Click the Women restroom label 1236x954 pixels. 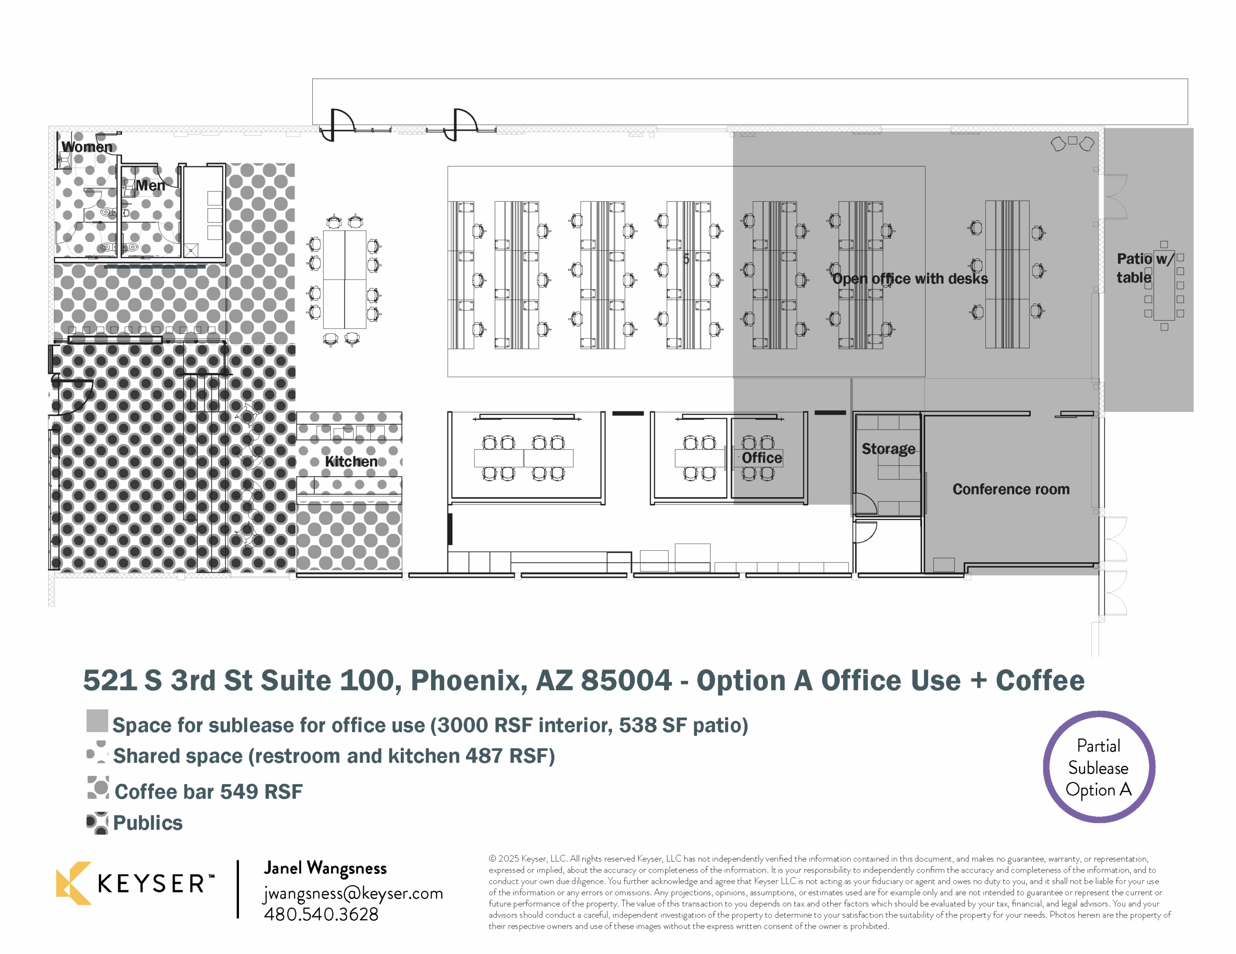point(87,147)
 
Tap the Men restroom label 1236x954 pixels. point(150,186)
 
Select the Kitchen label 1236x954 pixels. point(351,462)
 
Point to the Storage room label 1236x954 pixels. point(888,449)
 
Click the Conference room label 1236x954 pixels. point(1011,489)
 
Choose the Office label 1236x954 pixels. point(762,458)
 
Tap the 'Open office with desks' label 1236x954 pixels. point(910,279)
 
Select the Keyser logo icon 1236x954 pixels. point(73,883)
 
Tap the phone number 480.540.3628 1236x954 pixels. point(321,914)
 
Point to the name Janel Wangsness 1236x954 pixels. point(325,868)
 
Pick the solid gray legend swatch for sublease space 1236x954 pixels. point(97,721)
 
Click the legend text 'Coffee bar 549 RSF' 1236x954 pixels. point(208,791)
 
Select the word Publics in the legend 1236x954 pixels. point(148,823)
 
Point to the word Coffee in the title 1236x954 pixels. point(1040,681)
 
